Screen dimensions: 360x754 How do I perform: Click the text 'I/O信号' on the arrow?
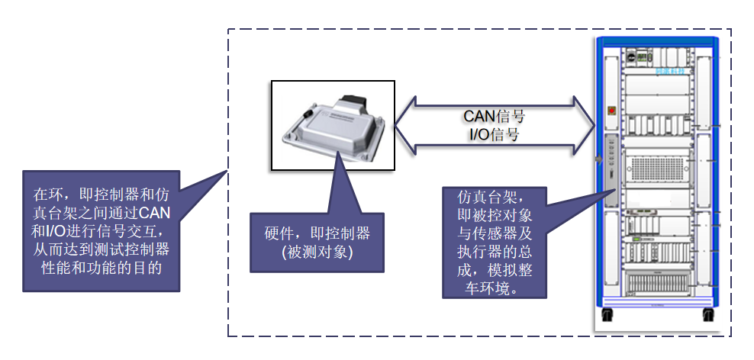pos(494,135)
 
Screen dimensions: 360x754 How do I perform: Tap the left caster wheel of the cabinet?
pos(607,315)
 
